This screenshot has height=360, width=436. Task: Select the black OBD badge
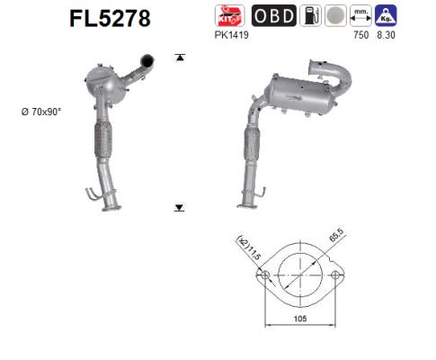pyautogui.click(x=270, y=16)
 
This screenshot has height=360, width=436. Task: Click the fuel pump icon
pyautogui.click(x=307, y=16)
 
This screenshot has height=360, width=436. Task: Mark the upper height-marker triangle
pyautogui.click(x=180, y=58)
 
